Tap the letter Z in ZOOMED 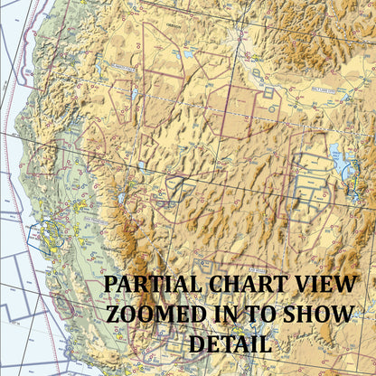[x=115, y=315]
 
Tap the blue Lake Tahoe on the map [x=119, y=198]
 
